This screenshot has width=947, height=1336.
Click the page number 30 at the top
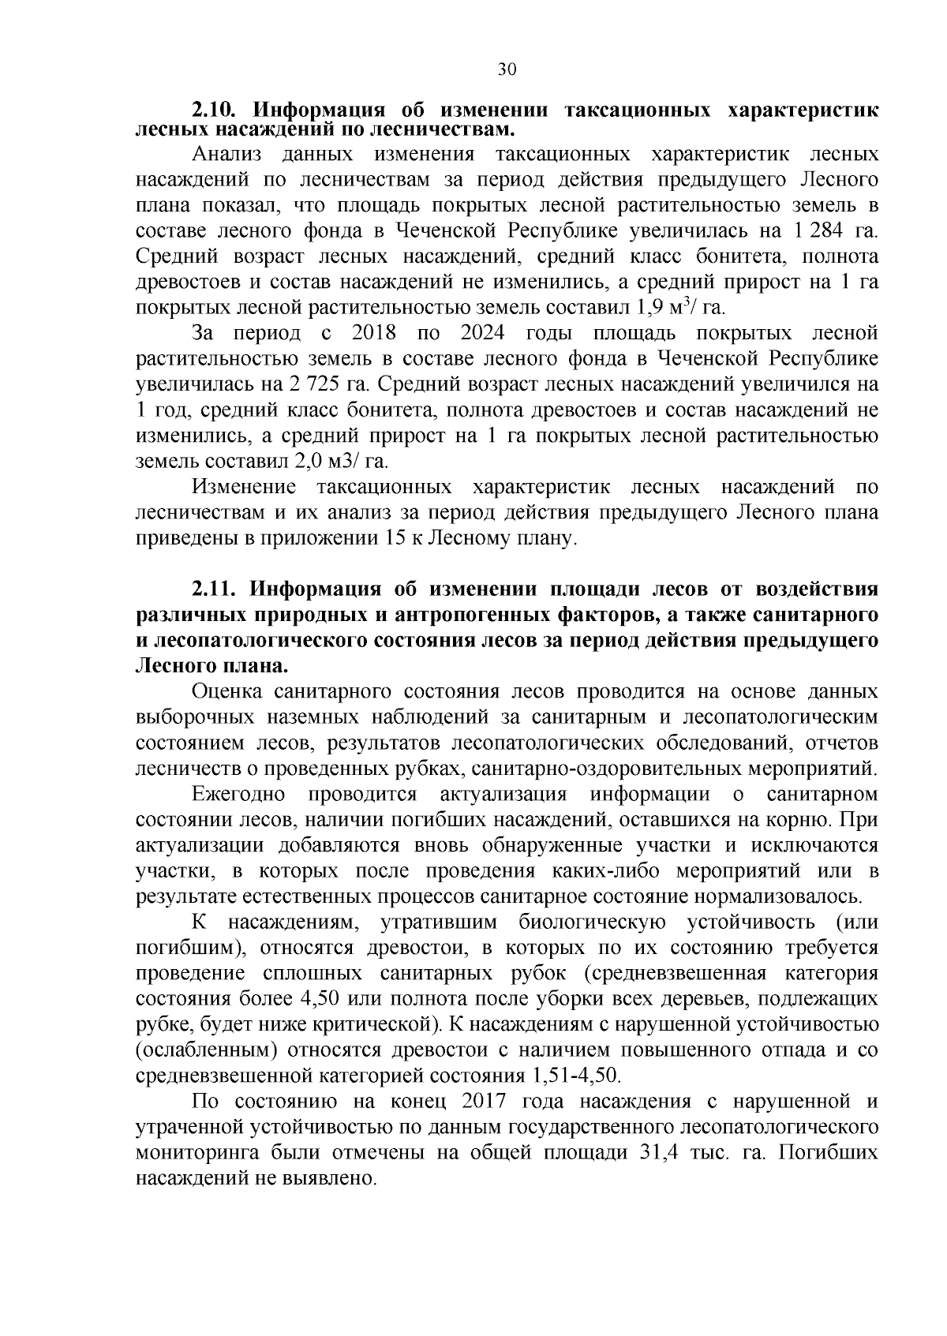coord(507,69)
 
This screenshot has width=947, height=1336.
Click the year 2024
coord(483,333)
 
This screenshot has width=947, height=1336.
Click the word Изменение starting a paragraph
coord(244,487)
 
